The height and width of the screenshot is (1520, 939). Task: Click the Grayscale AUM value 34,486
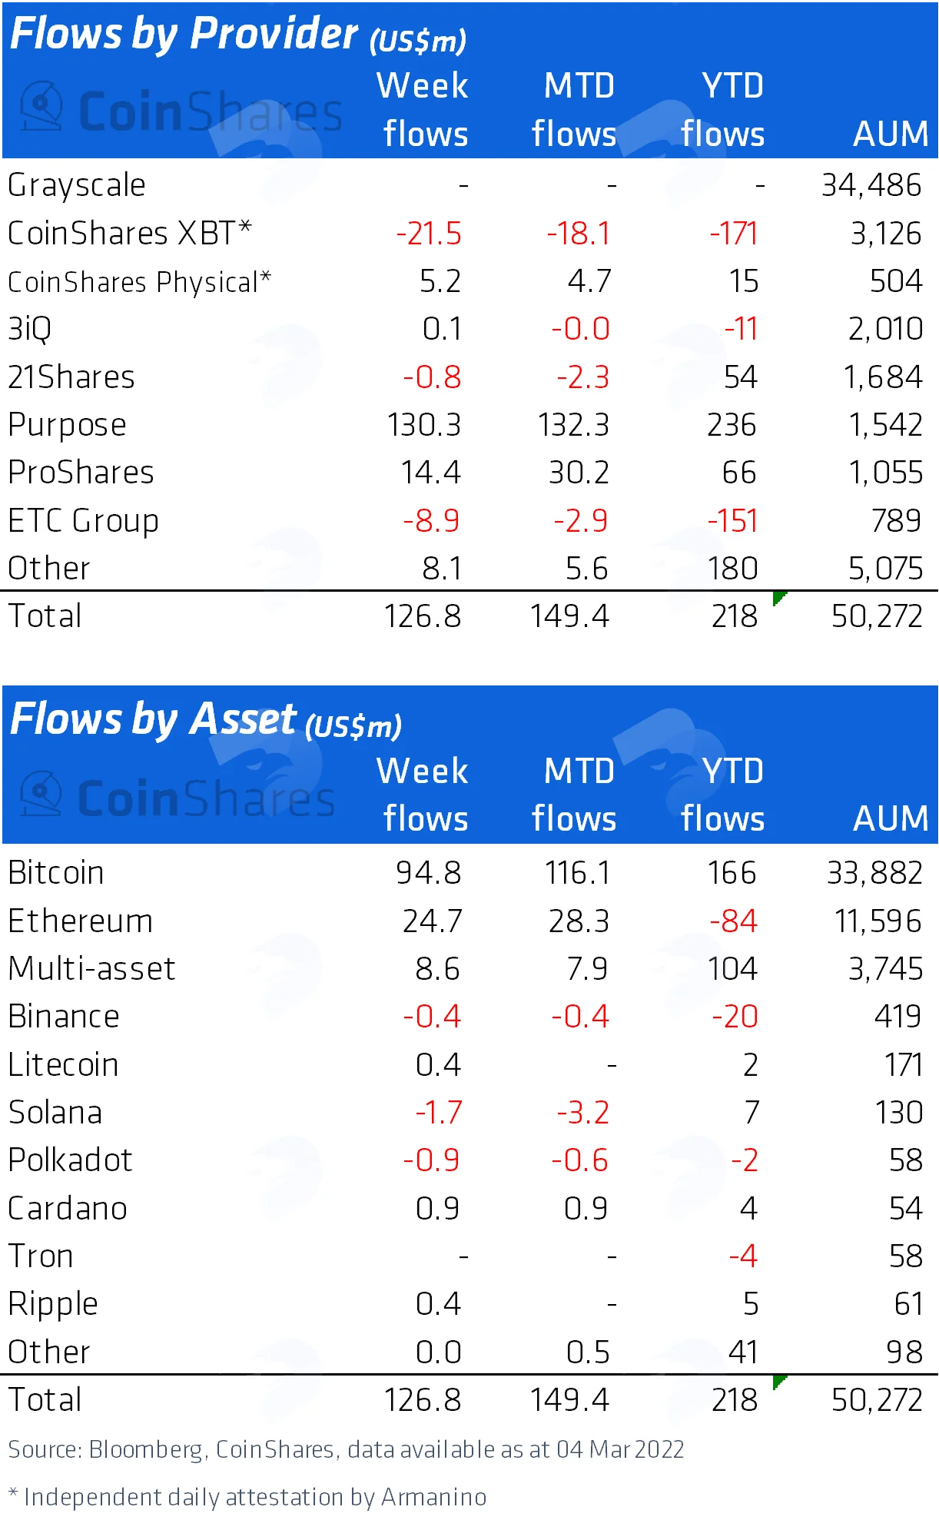[x=871, y=185]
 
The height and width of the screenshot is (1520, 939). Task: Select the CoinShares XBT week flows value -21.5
[x=429, y=234]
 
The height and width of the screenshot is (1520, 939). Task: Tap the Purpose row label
[x=67, y=426]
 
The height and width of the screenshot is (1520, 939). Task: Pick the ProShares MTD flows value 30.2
[x=579, y=473]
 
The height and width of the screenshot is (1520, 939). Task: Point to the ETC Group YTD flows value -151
[x=733, y=521]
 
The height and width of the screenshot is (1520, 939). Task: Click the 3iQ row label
[x=29, y=330]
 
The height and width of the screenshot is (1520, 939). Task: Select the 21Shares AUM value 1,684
[x=883, y=377]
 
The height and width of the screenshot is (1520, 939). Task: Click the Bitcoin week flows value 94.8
[x=429, y=873]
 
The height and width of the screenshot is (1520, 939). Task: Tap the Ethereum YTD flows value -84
[x=734, y=921]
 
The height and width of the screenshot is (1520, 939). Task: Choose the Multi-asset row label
[x=91, y=968]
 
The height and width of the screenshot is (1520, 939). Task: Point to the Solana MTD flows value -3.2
[x=583, y=1113]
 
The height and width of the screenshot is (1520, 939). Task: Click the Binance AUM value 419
[x=898, y=1017]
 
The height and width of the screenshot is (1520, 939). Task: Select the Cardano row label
[x=68, y=1209]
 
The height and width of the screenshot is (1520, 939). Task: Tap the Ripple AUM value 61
[x=908, y=1304]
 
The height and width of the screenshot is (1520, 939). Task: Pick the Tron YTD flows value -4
[x=744, y=1256]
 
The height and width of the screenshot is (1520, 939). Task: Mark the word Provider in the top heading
[x=274, y=34]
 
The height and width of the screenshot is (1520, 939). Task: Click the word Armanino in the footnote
[x=434, y=1497]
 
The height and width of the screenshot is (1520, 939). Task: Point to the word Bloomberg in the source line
[x=146, y=1450]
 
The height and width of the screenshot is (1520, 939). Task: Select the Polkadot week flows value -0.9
[x=431, y=1160]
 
